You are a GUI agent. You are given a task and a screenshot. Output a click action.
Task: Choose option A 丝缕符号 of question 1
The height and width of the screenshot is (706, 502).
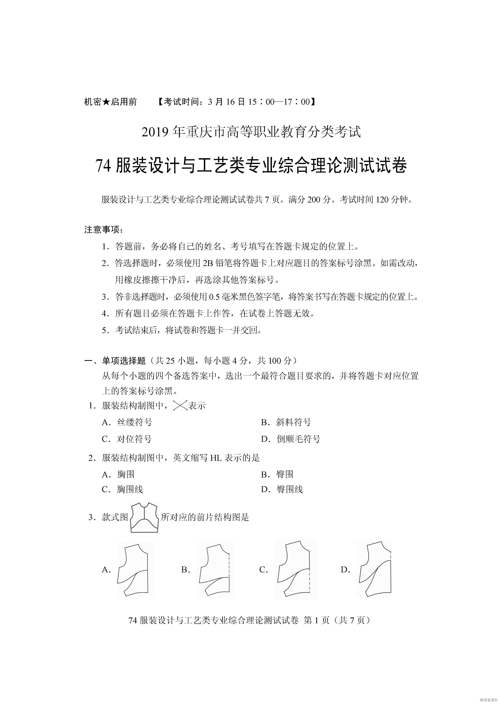(134, 422)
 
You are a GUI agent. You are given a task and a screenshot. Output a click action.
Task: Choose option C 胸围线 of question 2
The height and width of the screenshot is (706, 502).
(130, 489)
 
